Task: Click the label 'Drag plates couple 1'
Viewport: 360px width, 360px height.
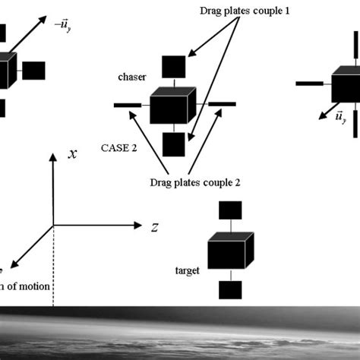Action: click(244, 11)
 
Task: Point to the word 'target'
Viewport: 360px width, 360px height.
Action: click(187, 270)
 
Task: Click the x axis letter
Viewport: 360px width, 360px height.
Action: click(72, 175)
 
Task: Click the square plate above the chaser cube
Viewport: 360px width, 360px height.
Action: click(172, 67)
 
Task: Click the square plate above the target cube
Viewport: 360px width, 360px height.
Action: click(230, 210)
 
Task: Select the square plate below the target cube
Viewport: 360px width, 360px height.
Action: click(230, 289)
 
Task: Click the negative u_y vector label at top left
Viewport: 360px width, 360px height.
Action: click(63, 24)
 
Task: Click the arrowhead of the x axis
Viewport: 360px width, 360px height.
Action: click(52, 178)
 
